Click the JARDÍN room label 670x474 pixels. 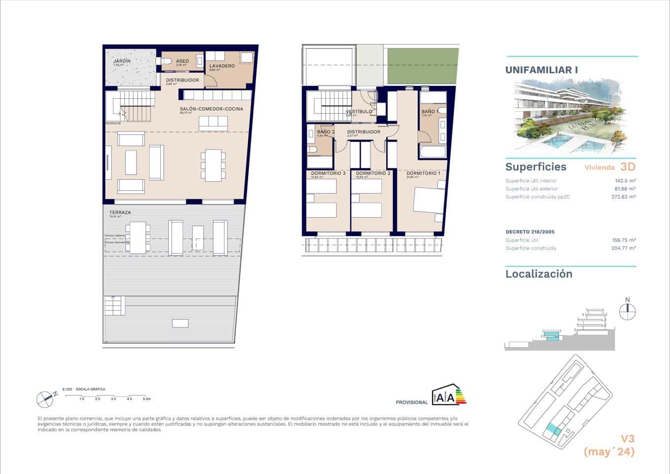(122, 61)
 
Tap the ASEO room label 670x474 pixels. (182, 61)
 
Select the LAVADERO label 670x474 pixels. (222, 66)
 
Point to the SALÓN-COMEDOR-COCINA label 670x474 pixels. (211, 109)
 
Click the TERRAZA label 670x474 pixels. (120, 212)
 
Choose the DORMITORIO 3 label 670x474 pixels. (328, 173)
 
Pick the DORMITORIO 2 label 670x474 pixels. (373, 173)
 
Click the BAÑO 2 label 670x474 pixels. (326, 132)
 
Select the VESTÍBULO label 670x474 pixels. (359, 112)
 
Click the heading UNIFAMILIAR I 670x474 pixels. (541, 70)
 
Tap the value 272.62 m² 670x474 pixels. (623, 197)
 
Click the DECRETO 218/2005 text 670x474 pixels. (530, 232)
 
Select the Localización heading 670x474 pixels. (539, 274)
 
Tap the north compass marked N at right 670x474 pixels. (628, 311)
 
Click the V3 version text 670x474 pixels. (627, 438)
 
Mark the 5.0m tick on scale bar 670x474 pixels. (147, 398)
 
